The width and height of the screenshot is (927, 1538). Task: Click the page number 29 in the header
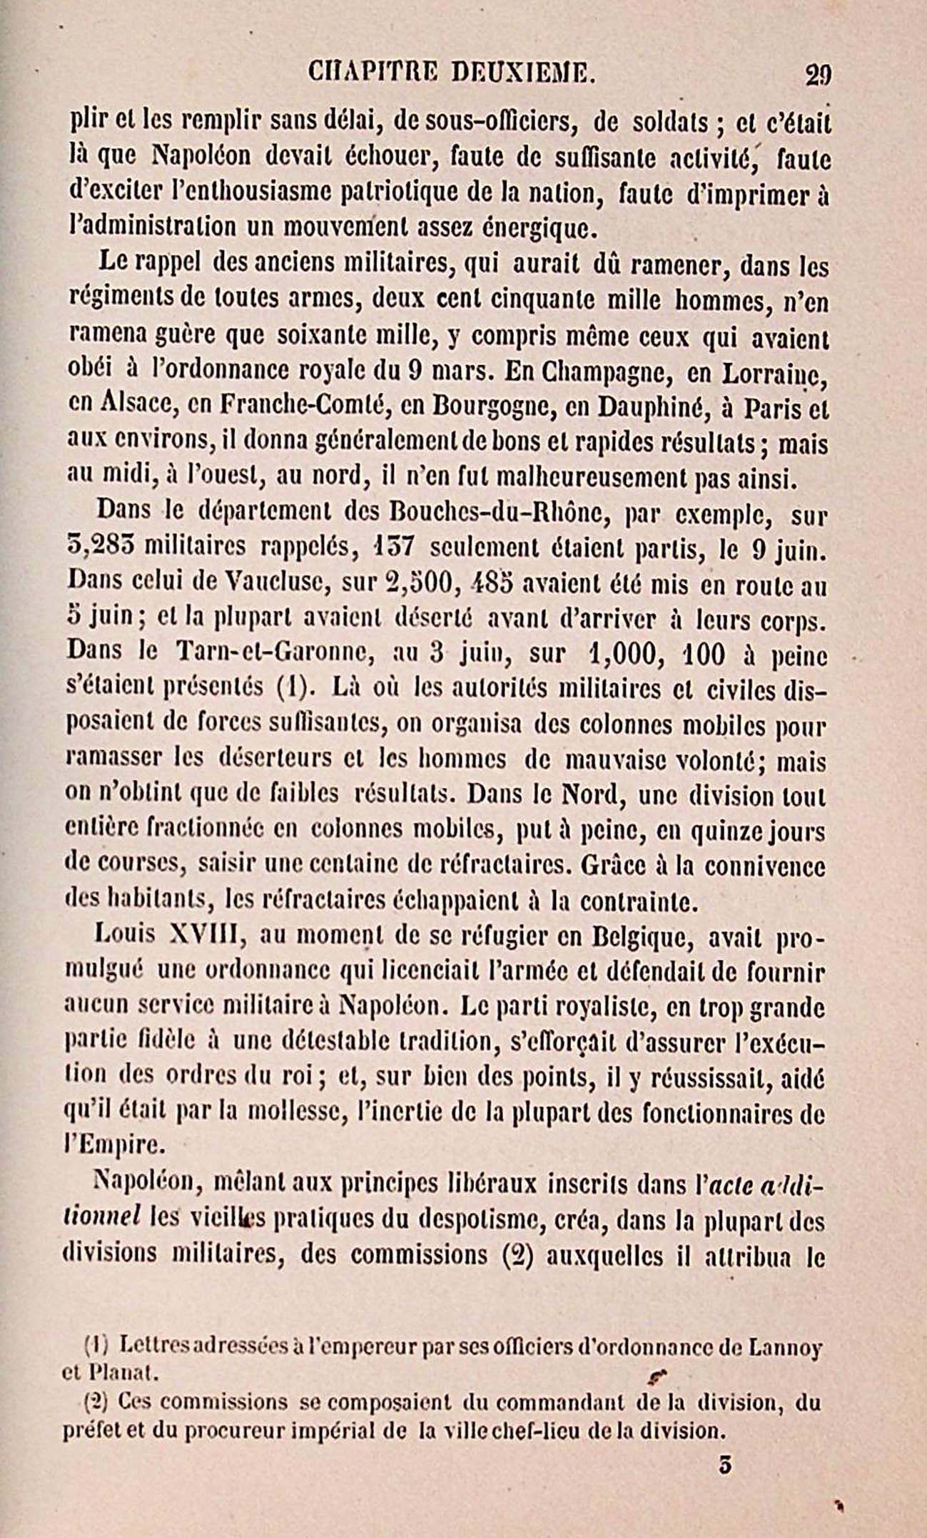coord(817,74)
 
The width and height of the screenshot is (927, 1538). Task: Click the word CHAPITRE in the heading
coord(361,72)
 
